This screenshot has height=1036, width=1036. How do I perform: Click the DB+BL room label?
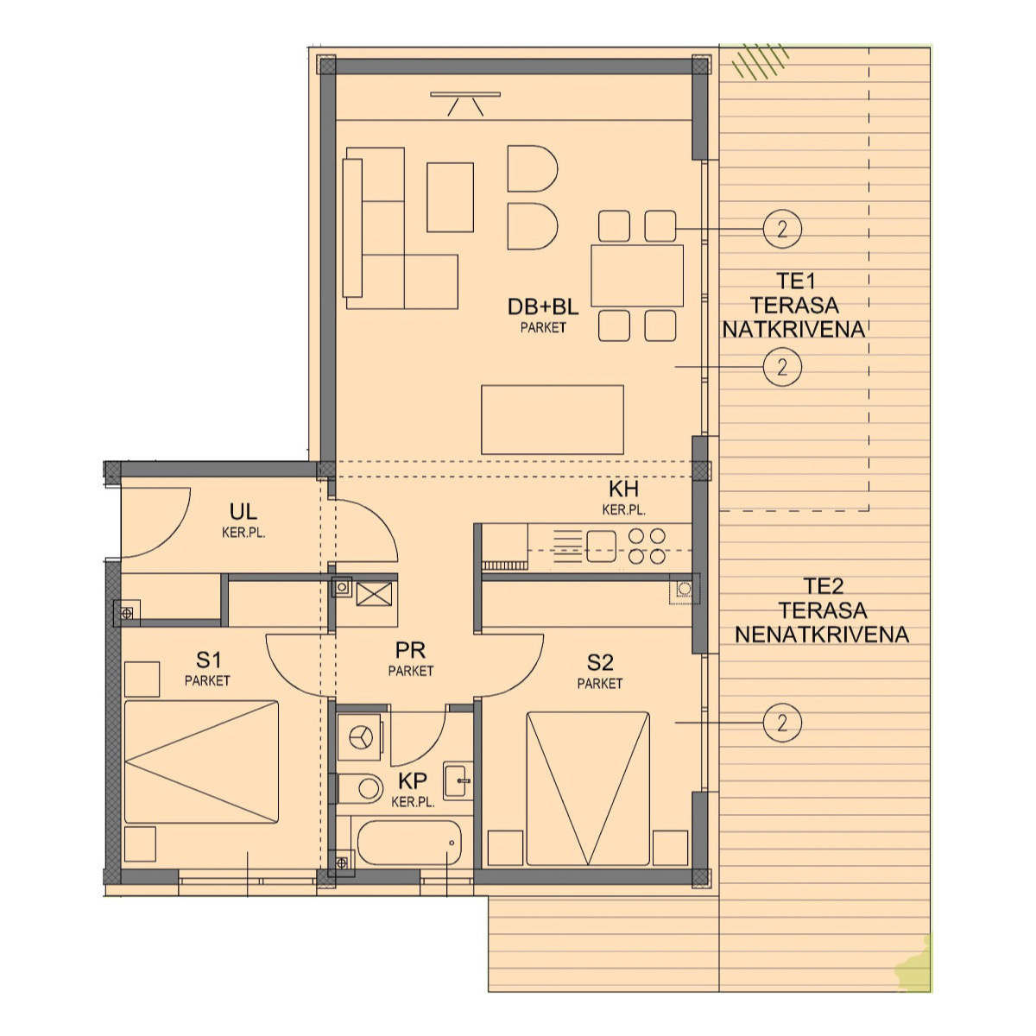tap(543, 306)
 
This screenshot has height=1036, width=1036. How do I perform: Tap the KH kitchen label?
tap(623, 490)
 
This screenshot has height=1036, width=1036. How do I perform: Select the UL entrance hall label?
tap(243, 511)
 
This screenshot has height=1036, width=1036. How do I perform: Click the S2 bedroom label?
tap(600, 662)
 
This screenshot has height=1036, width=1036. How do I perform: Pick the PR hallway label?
tap(410, 651)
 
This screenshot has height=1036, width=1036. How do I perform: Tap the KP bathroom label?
tap(413, 780)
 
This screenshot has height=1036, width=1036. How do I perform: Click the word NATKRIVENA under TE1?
tap(793, 330)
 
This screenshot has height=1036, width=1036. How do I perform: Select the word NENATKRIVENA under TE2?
tap(822, 635)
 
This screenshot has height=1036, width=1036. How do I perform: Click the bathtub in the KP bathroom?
tap(409, 843)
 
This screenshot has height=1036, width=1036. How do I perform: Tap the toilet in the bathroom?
tap(359, 789)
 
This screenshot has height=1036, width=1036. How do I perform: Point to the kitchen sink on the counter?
tap(601, 546)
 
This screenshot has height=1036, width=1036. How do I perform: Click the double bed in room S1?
tap(202, 761)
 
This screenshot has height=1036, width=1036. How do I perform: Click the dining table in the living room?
tap(637, 275)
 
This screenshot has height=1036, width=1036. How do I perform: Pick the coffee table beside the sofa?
tap(450, 198)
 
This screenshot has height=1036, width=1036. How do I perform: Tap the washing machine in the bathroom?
tap(360, 737)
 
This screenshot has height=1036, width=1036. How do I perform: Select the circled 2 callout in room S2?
tap(782, 723)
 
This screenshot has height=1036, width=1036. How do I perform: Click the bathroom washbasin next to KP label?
tap(458, 780)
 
